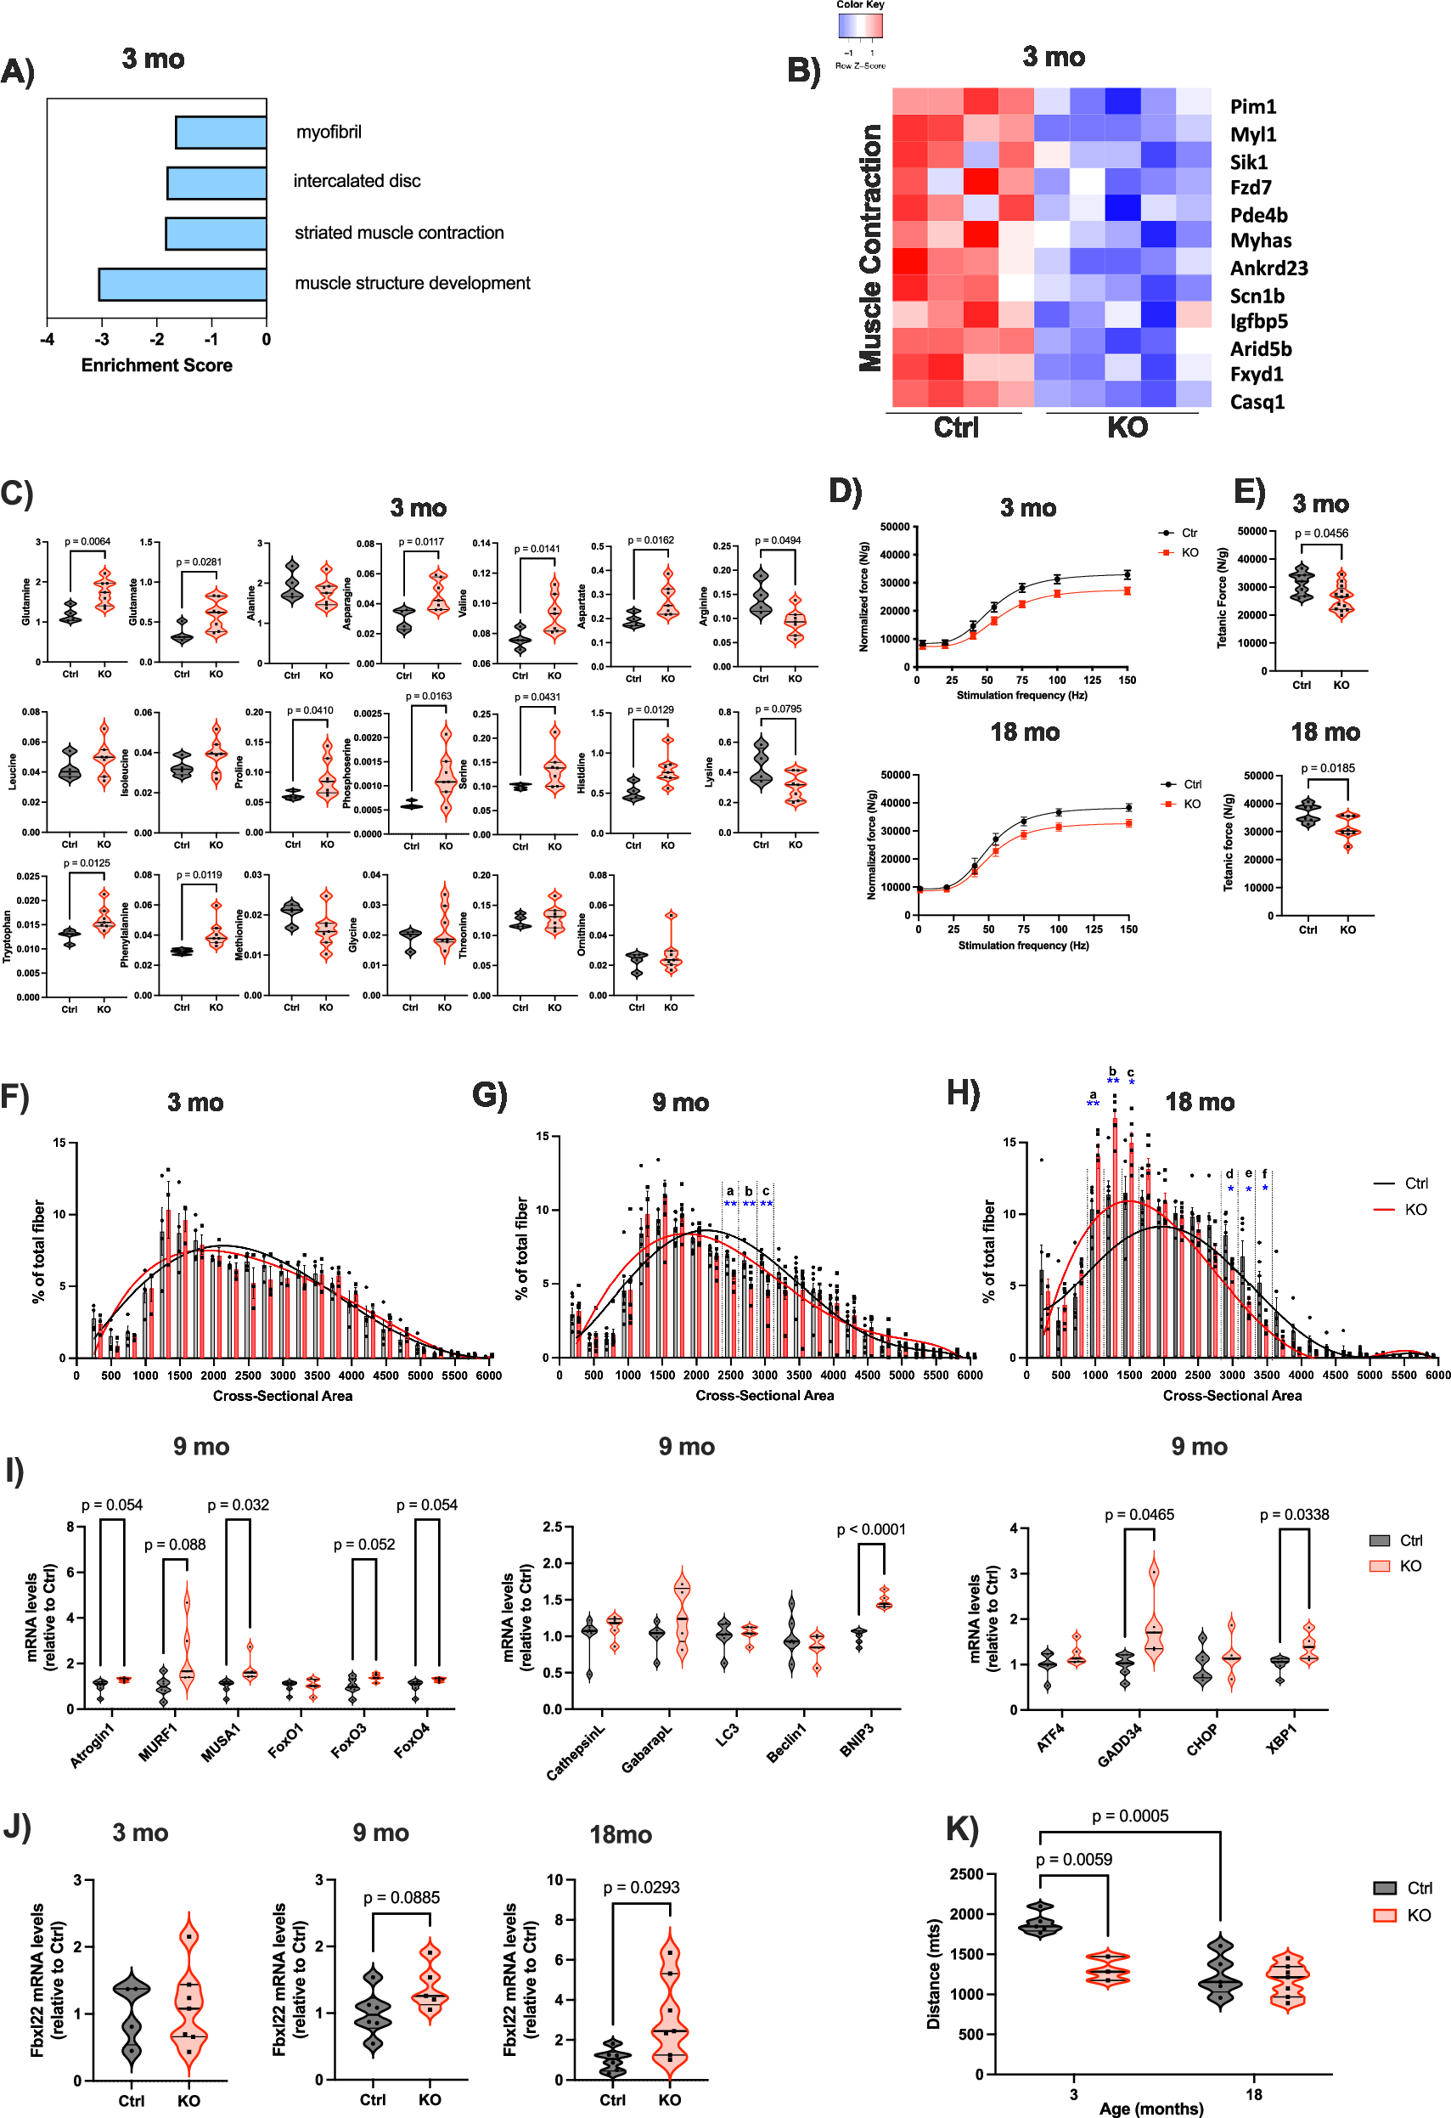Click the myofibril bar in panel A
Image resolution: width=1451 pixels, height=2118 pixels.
point(222,133)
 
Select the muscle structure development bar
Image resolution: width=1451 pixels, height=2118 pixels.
point(183,285)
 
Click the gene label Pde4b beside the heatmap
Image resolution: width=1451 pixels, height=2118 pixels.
point(1258,215)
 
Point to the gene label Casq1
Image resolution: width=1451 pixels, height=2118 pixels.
point(1257,402)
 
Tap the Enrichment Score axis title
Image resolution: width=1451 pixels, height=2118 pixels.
point(157,365)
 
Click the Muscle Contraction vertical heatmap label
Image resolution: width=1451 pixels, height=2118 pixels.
point(871,248)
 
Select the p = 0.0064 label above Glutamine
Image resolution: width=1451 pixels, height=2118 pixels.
point(87,541)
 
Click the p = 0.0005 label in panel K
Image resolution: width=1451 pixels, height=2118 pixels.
point(1129,1816)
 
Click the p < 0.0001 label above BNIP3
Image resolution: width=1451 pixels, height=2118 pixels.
point(871,1529)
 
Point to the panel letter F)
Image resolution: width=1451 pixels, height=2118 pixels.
point(15,1096)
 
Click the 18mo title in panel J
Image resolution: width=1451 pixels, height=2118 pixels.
point(621,1833)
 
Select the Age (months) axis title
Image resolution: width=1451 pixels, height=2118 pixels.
point(1150,2108)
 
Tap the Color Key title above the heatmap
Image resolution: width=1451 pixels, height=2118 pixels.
point(860,4)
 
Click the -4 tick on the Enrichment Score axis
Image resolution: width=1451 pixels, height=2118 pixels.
point(48,340)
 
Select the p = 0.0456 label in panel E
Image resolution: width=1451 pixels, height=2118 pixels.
point(1321,534)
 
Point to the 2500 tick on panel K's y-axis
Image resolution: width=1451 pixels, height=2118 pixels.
point(965,1874)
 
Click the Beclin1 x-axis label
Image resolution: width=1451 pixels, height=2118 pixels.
point(786,1742)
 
